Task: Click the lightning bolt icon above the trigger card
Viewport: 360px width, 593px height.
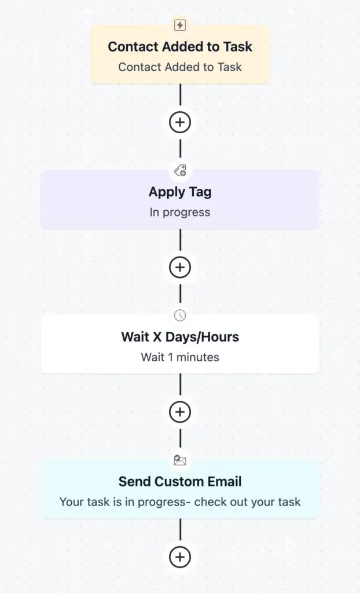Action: [x=180, y=25]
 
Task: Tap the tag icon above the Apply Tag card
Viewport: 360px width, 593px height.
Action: [x=180, y=171]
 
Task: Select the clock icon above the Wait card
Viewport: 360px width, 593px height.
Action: [x=180, y=315]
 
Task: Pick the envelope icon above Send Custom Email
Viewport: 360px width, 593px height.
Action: [x=180, y=460]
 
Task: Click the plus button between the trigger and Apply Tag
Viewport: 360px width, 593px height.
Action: [x=180, y=122]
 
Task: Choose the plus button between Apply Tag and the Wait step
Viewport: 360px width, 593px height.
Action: [x=180, y=268]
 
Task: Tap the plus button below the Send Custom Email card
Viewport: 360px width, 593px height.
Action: [x=180, y=557]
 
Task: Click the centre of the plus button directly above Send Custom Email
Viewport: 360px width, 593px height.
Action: [x=180, y=412]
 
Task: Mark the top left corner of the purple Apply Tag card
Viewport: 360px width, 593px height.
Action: [x=41, y=170]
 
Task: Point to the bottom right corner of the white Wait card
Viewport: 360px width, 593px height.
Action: [x=319, y=374]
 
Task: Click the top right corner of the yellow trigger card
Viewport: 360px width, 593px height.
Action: [x=270, y=25]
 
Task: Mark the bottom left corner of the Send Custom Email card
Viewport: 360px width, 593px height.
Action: [x=41, y=518]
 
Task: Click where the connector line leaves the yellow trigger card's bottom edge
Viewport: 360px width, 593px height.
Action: [x=180, y=83]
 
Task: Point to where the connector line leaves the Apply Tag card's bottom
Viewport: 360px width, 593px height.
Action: [x=180, y=229]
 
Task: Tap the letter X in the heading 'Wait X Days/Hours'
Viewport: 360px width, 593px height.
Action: [x=157, y=337]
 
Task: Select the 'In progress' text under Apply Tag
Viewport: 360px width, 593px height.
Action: [x=180, y=213]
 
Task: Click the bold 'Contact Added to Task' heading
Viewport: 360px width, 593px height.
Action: [x=180, y=47]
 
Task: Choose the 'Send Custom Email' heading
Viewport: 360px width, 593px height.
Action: [x=180, y=482]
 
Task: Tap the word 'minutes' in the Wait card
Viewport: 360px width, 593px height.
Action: [x=198, y=357]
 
